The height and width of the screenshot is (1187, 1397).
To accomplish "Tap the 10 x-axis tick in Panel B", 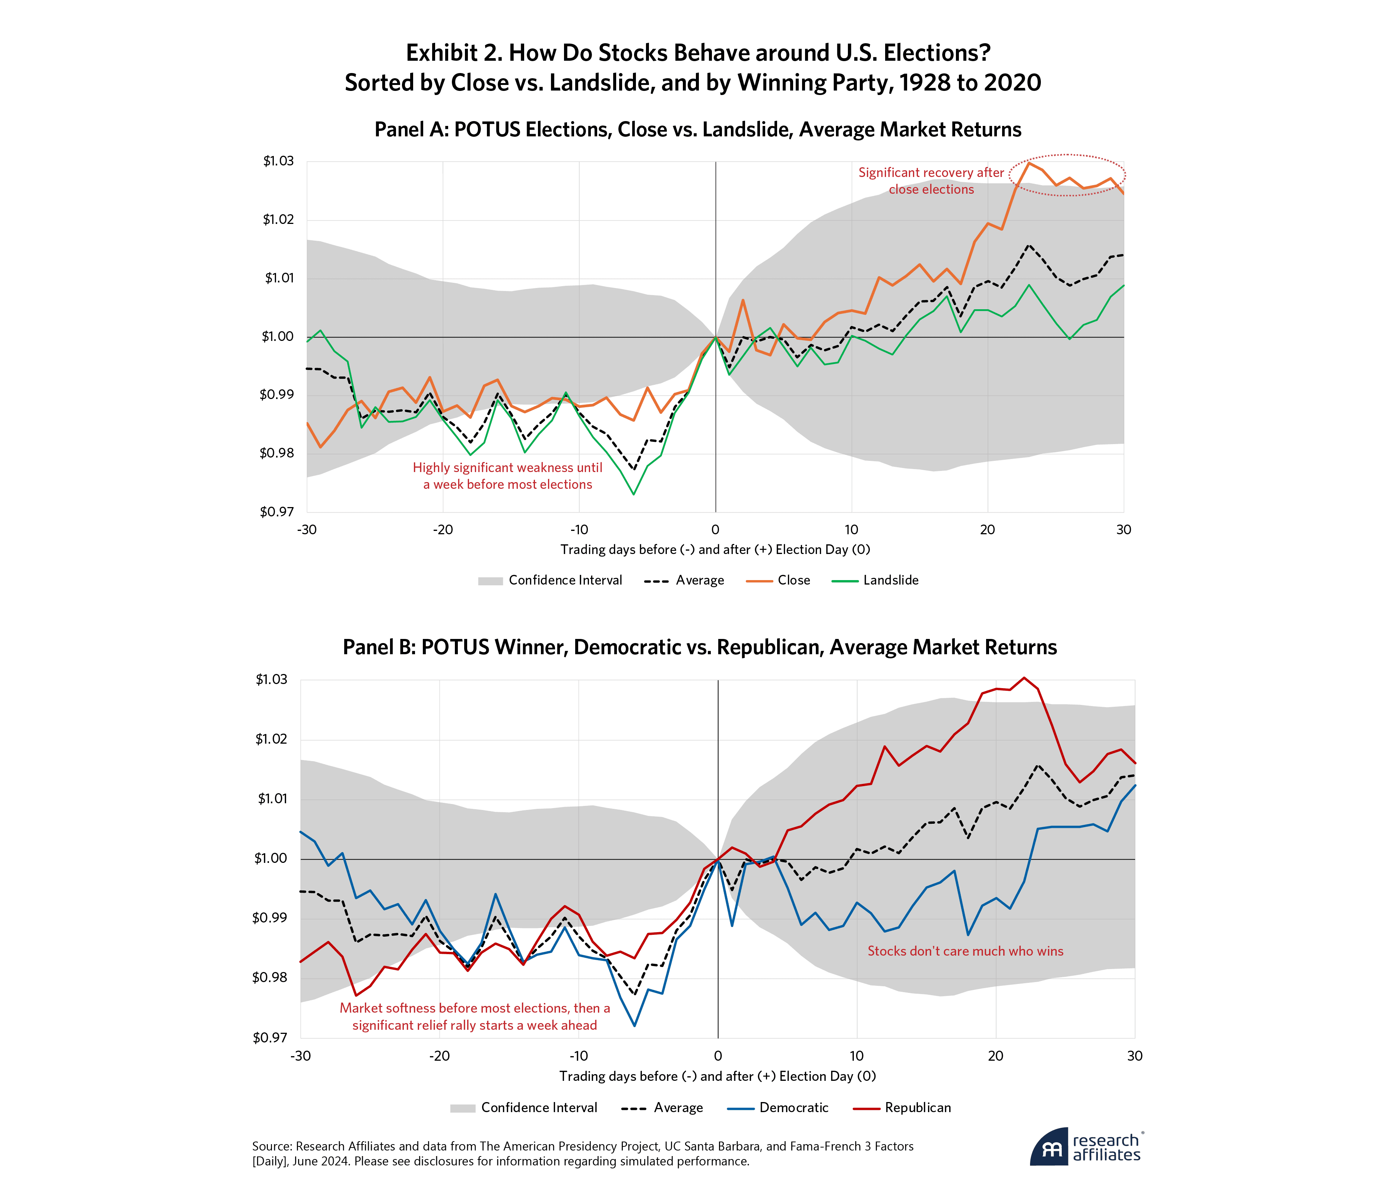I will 856,1056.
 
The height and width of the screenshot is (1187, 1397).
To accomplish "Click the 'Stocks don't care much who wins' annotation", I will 965,951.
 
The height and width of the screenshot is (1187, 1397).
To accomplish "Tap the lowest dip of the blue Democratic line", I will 634,1026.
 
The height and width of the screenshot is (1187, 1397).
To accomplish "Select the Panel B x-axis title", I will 717,1076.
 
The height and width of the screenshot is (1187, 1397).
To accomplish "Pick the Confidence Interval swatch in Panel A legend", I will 491,581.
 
